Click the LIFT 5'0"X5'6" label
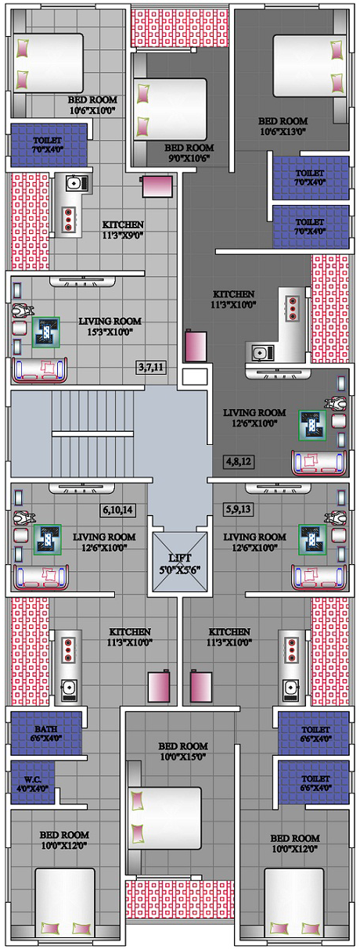(x=180, y=563)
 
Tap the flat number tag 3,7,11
(x=151, y=367)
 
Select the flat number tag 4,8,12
(x=239, y=462)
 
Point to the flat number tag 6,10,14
(x=118, y=509)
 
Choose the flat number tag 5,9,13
(x=239, y=509)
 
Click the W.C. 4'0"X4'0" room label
(x=33, y=784)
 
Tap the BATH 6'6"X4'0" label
(x=46, y=733)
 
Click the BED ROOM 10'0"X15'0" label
(x=183, y=751)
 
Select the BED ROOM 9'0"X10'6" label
(x=189, y=153)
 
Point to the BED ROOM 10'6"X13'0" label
(x=283, y=126)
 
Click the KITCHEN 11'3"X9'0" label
(x=123, y=230)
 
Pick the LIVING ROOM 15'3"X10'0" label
(x=110, y=326)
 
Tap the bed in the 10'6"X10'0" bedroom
(x=48, y=63)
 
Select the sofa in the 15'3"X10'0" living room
(x=40, y=370)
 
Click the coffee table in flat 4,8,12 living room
(x=312, y=426)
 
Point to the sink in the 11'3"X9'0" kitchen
(x=77, y=183)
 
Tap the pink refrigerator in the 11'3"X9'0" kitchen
(x=157, y=187)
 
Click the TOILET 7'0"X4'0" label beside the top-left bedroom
(x=48, y=145)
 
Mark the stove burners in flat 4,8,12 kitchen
(x=292, y=308)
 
